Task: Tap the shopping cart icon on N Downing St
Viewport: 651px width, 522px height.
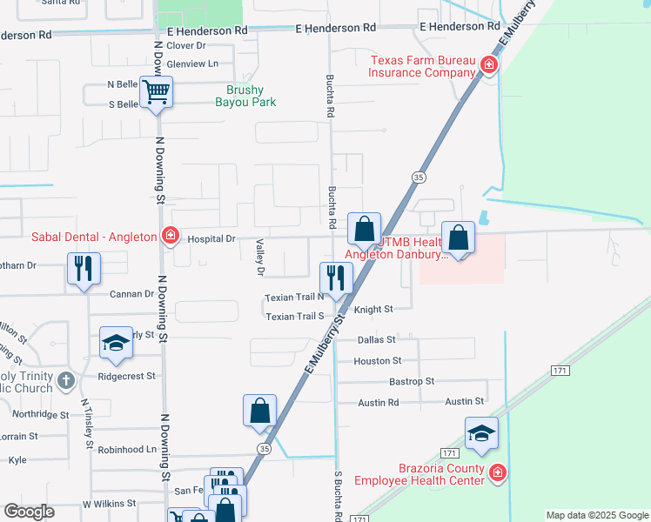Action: click(x=158, y=91)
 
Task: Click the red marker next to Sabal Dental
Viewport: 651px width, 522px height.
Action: click(x=171, y=236)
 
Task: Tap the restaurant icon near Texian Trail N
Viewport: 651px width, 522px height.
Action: click(x=336, y=278)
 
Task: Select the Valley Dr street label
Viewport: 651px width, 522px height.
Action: click(x=259, y=258)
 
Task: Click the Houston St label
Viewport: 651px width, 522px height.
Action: click(x=378, y=360)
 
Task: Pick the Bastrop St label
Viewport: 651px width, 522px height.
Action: click(x=412, y=381)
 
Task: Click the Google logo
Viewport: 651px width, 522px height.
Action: click(x=29, y=512)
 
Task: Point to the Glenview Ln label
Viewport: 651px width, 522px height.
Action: click(x=192, y=64)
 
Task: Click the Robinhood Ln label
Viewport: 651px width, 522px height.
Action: click(x=127, y=451)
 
